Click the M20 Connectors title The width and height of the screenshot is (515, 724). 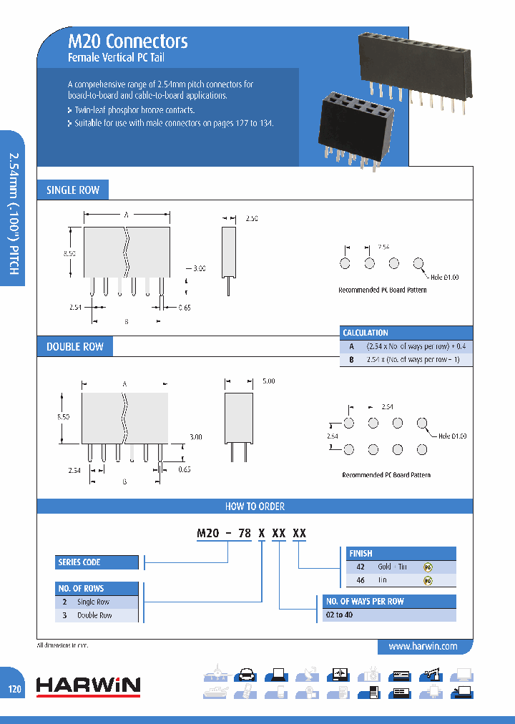[x=127, y=41]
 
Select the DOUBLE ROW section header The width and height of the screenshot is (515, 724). [x=75, y=347]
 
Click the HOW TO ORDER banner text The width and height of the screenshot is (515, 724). [x=255, y=507]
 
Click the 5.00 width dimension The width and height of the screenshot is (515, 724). [x=269, y=382]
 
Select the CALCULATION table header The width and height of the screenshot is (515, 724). [x=366, y=333]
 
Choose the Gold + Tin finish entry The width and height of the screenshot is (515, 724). [x=392, y=567]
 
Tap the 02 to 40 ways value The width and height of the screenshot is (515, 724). [x=339, y=615]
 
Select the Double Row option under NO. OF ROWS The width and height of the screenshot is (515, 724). [x=94, y=615]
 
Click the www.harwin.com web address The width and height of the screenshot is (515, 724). [x=423, y=646]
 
